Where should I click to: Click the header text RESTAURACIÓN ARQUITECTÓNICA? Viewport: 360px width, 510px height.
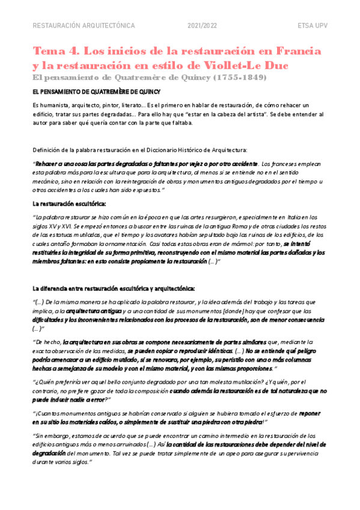point(83,26)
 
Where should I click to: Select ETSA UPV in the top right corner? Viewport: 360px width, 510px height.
point(312,26)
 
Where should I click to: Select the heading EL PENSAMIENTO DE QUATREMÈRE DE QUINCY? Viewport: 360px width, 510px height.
point(96,92)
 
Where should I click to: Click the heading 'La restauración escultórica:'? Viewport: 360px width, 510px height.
point(69,203)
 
